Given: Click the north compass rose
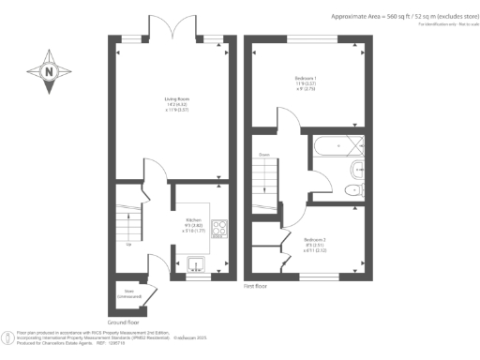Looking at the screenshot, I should pyautogui.click(x=49, y=72).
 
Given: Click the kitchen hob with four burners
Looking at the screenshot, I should pyautogui.click(x=221, y=230).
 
